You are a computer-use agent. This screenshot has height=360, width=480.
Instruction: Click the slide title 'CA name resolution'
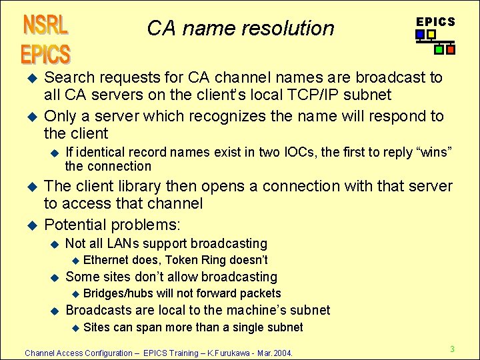click(x=240, y=28)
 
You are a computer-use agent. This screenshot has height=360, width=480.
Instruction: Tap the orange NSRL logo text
click(x=45, y=25)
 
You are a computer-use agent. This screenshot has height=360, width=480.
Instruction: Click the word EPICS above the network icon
click(x=435, y=21)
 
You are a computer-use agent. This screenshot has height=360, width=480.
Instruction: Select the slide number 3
click(x=452, y=349)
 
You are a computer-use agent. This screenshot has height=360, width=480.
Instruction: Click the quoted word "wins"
click(x=433, y=152)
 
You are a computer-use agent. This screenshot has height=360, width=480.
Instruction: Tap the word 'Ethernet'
click(x=107, y=260)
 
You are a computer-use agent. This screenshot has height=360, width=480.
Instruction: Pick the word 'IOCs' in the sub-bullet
click(x=302, y=152)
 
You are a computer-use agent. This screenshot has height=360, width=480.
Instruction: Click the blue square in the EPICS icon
click(x=420, y=35)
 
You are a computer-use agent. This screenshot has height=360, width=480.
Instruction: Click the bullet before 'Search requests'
click(x=28, y=77)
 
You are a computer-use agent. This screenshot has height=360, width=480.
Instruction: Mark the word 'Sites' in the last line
click(x=97, y=327)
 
